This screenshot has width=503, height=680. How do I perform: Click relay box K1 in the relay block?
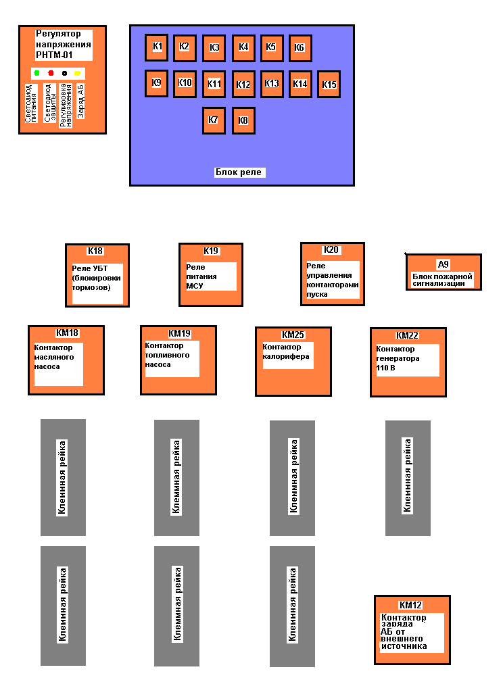157,47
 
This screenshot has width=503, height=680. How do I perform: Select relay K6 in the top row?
300,48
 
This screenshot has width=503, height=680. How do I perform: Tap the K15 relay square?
329,84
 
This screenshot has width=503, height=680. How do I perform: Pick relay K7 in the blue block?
214,120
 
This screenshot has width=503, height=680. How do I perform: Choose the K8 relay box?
243,120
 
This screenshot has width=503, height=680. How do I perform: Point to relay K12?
243,84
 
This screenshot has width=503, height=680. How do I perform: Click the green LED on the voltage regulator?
37,73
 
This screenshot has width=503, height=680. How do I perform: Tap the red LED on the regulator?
51,73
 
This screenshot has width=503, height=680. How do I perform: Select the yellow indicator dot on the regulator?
77,73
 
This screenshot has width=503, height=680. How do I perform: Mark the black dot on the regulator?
65,73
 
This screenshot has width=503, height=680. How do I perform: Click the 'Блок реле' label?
239,172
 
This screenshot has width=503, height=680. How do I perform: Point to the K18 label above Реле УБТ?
95,251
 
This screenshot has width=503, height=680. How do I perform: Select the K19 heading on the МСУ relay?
211,251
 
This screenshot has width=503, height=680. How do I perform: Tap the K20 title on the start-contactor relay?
331,250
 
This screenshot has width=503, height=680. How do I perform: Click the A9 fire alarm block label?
443,264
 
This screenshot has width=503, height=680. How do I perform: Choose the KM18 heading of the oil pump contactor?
67,333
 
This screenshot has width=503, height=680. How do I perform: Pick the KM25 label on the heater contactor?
293,335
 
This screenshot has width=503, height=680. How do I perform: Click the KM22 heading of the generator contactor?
407,335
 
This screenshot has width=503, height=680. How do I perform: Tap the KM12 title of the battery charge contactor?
410,605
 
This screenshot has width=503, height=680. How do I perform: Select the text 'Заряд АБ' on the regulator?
80,101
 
